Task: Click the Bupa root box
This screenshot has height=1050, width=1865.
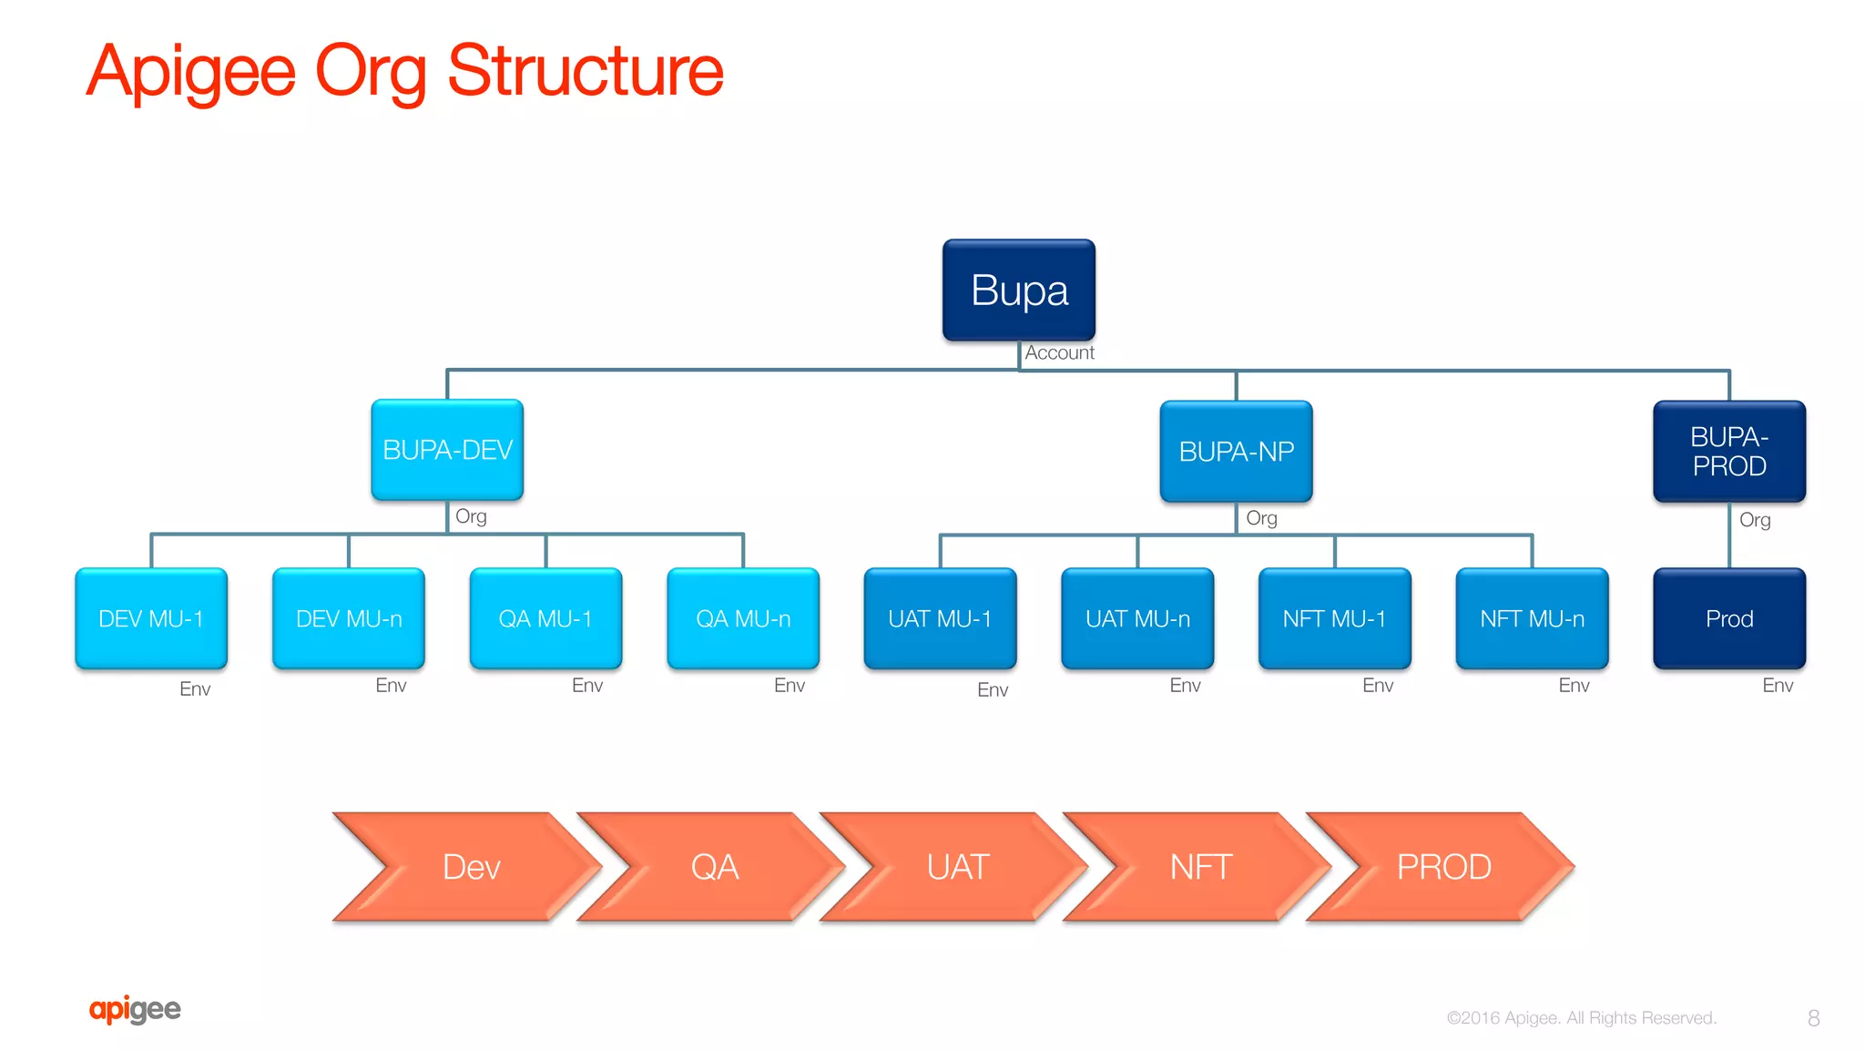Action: pyautogui.click(x=1018, y=291)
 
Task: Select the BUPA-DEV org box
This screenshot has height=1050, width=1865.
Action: pyautogui.click(x=447, y=450)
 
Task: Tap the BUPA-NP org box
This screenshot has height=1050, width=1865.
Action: pyautogui.click(x=1236, y=452)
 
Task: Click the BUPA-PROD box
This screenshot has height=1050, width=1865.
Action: pyautogui.click(x=1728, y=452)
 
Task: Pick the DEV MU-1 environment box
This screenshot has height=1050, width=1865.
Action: pyautogui.click(x=151, y=619)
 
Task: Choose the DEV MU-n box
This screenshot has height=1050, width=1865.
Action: pyautogui.click(x=349, y=619)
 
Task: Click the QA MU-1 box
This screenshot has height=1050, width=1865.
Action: pyautogui.click(x=545, y=619)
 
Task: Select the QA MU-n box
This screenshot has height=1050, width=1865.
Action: pyautogui.click(x=743, y=619)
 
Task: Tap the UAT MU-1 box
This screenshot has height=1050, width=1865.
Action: pyautogui.click(x=940, y=619)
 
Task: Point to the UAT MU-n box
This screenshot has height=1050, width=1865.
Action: pyautogui.click(x=1137, y=619)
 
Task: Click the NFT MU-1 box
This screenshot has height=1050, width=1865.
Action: pyautogui.click(x=1334, y=619)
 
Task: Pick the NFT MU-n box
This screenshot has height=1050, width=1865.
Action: pyautogui.click(x=1532, y=619)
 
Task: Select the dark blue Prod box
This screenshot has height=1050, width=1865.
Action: pyautogui.click(x=1728, y=619)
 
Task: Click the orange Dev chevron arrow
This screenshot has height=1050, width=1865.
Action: pyautogui.click(x=471, y=867)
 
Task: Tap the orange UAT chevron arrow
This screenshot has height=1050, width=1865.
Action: pyautogui.click(x=958, y=867)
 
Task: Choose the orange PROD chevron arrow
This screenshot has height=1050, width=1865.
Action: pyautogui.click(x=1444, y=867)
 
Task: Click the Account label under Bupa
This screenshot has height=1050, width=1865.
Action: pyautogui.click(x=1059, y=353)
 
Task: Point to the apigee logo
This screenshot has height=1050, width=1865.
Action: pyautogui.click(x=135, y=1009)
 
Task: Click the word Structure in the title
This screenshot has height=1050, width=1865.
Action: pyautogui.click(x=586, y=71)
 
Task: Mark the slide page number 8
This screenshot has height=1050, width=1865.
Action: pyautogui.click(x=1813, y=1018)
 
